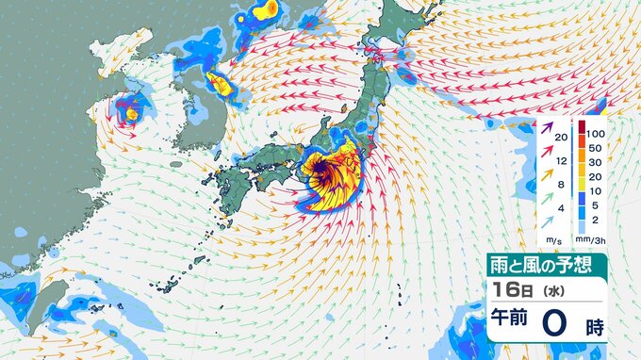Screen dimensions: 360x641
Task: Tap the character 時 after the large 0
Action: click(593, 328)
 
